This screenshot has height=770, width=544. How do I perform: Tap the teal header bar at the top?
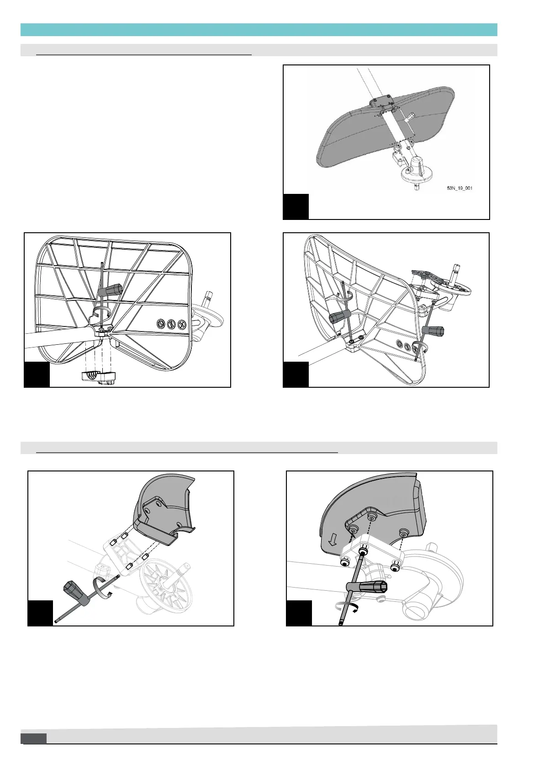click(259, 30)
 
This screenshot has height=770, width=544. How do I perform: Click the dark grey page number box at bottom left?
click(34, 738)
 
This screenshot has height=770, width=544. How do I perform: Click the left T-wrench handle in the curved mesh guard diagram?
click(340, 316)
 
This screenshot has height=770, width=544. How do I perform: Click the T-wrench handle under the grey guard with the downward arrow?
click(370, 587)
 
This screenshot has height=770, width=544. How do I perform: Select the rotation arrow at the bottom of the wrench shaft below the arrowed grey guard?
click(347, 606)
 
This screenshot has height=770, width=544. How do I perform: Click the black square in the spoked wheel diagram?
click(40, 613)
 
